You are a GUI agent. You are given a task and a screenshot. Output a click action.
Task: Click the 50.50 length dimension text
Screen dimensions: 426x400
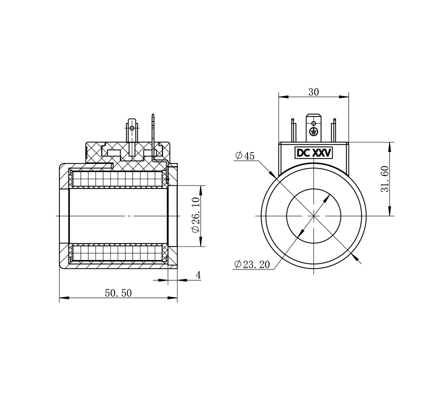pyautogui.click(x=118, y=293)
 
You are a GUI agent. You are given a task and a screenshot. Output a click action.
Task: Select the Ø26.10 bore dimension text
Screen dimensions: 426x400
pyautogui.click(x=195, y=215)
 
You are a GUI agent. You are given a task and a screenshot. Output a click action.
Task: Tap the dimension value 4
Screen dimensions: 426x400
pyautogui.click(x=198, y=275)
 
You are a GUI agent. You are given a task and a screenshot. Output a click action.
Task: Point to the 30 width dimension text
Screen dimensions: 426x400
pyautogui.click(x=313, y=92)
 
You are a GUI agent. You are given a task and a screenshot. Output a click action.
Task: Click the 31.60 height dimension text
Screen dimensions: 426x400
pyautogui.click(x=384, y=179)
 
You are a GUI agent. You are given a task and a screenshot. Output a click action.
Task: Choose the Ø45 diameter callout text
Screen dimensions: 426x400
pyautogui.click(x=245, y=155)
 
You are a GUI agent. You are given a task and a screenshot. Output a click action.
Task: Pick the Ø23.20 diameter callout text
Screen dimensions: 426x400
pyautogui.click(x=252, y=264)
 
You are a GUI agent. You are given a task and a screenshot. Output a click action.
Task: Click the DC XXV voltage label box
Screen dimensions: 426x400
pyautogui.click(x=314, y=153)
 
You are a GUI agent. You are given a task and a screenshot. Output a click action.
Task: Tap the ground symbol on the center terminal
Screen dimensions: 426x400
pyautogui.click(x=313, y=131)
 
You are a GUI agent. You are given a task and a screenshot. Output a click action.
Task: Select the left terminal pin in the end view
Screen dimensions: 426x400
pyautogui.click(x=293, y=130)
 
